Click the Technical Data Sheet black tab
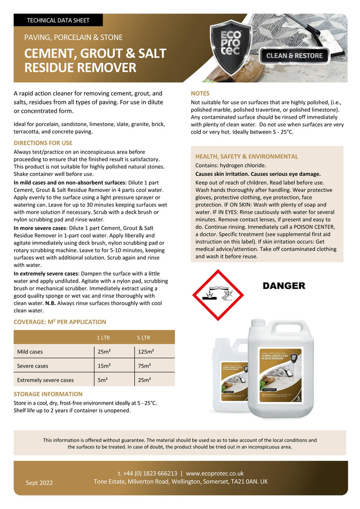coord(58,20)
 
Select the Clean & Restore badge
coord(295,56)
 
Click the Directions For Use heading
coord(43,143)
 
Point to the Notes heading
coord(200,94)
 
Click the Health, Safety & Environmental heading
coord(247,157)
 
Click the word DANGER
coord(283,286)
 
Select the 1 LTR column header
coord(103,338)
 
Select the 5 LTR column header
coord(144,338)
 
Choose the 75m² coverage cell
coord(144,366)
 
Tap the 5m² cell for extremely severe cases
coord(102,380)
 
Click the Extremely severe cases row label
coord(45,380)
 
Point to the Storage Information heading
coord(48,394)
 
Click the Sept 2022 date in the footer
coord(39,483)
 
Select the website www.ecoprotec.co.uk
coord(215,473)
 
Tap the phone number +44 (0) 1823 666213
coord(147,473)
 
